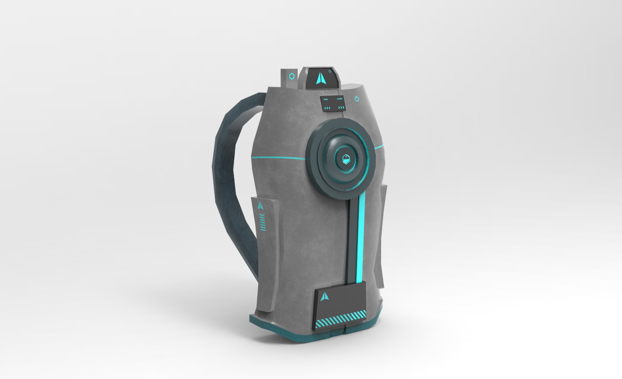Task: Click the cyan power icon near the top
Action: coord(357,98)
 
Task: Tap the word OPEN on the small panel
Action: coord(326,99)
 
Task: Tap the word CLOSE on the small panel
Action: coord(339,99)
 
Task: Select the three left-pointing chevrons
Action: coord(327,107)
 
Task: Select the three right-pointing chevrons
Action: coord(341,107)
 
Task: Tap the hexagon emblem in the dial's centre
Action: coord(346,159)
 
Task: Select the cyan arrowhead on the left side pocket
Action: coord(261,205)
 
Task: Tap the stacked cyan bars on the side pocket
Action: coord(262,222)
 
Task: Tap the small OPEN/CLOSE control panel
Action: coord(333,104)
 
